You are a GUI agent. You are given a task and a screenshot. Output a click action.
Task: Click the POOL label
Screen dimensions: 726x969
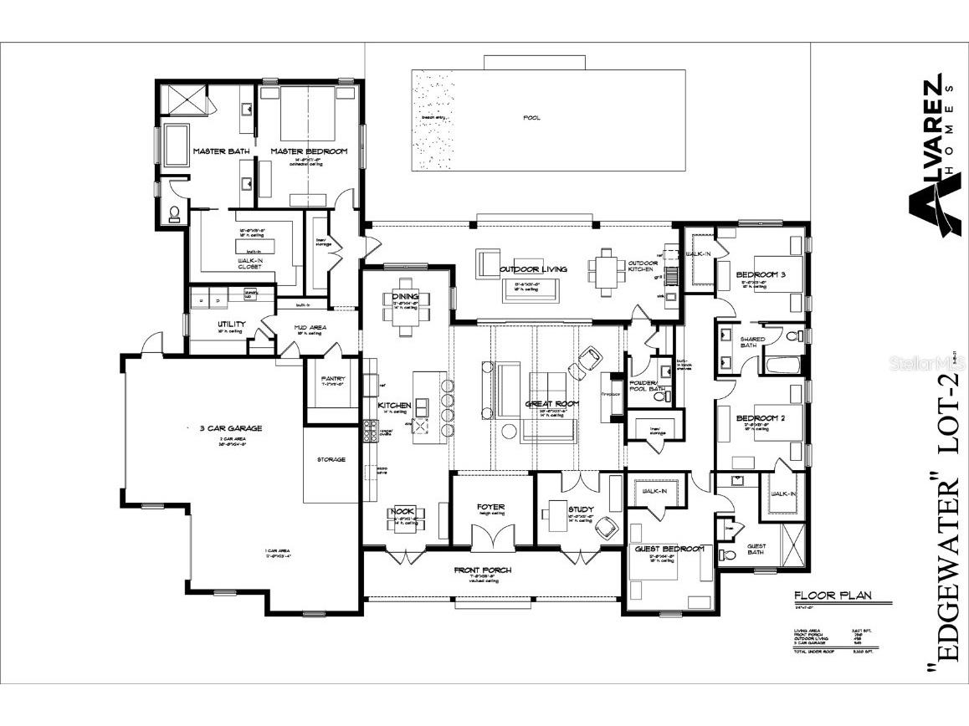tap(531, 118)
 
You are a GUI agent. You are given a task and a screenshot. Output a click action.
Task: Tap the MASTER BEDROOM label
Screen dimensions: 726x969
tap(308, 151)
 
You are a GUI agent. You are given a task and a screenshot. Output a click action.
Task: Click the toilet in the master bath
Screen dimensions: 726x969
tap(174, 214)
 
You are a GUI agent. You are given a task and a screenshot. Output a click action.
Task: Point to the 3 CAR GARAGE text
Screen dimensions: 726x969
tap(230, 428)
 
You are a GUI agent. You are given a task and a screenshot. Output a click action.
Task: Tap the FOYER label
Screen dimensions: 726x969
tap(491, 507)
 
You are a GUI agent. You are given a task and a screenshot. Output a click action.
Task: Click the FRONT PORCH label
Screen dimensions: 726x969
tap(494, 570)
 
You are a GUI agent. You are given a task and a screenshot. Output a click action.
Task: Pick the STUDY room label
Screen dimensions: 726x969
tap(580, 509)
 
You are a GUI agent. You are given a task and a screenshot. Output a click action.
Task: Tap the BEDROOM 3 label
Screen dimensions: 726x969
tap(761, 275)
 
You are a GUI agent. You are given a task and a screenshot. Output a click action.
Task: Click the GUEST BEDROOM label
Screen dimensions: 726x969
tap(669, 549)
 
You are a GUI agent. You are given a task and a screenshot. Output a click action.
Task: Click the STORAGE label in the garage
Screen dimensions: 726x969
tap(331, 459)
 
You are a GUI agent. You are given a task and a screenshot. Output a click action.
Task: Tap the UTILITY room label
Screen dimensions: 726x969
tap(231, 323)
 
